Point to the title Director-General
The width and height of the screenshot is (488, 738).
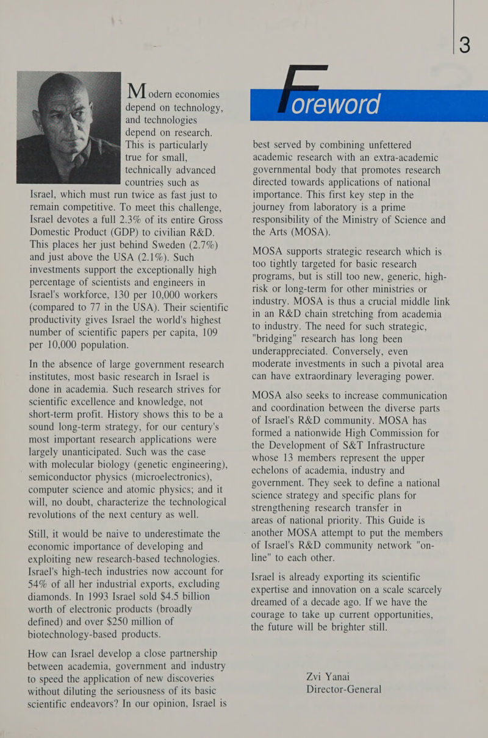[344, 689]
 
